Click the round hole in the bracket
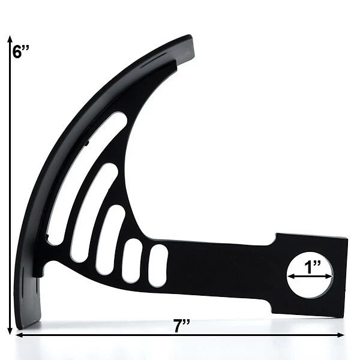tap(310, 276)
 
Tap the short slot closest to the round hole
tap(158, 265)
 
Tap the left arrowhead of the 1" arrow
tap(290, 277)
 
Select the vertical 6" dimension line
tap(10, 180)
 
